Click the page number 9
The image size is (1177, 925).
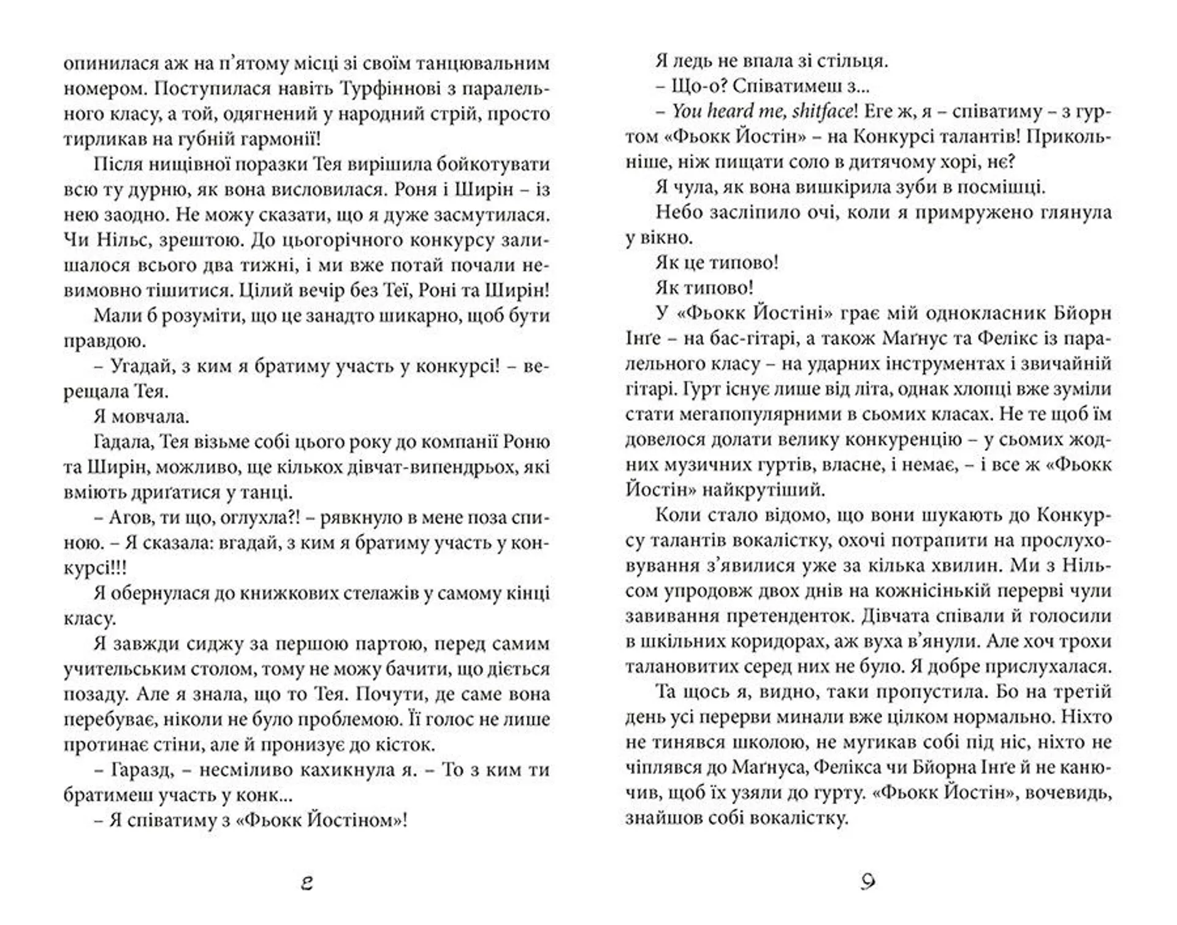pos(867,881)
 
